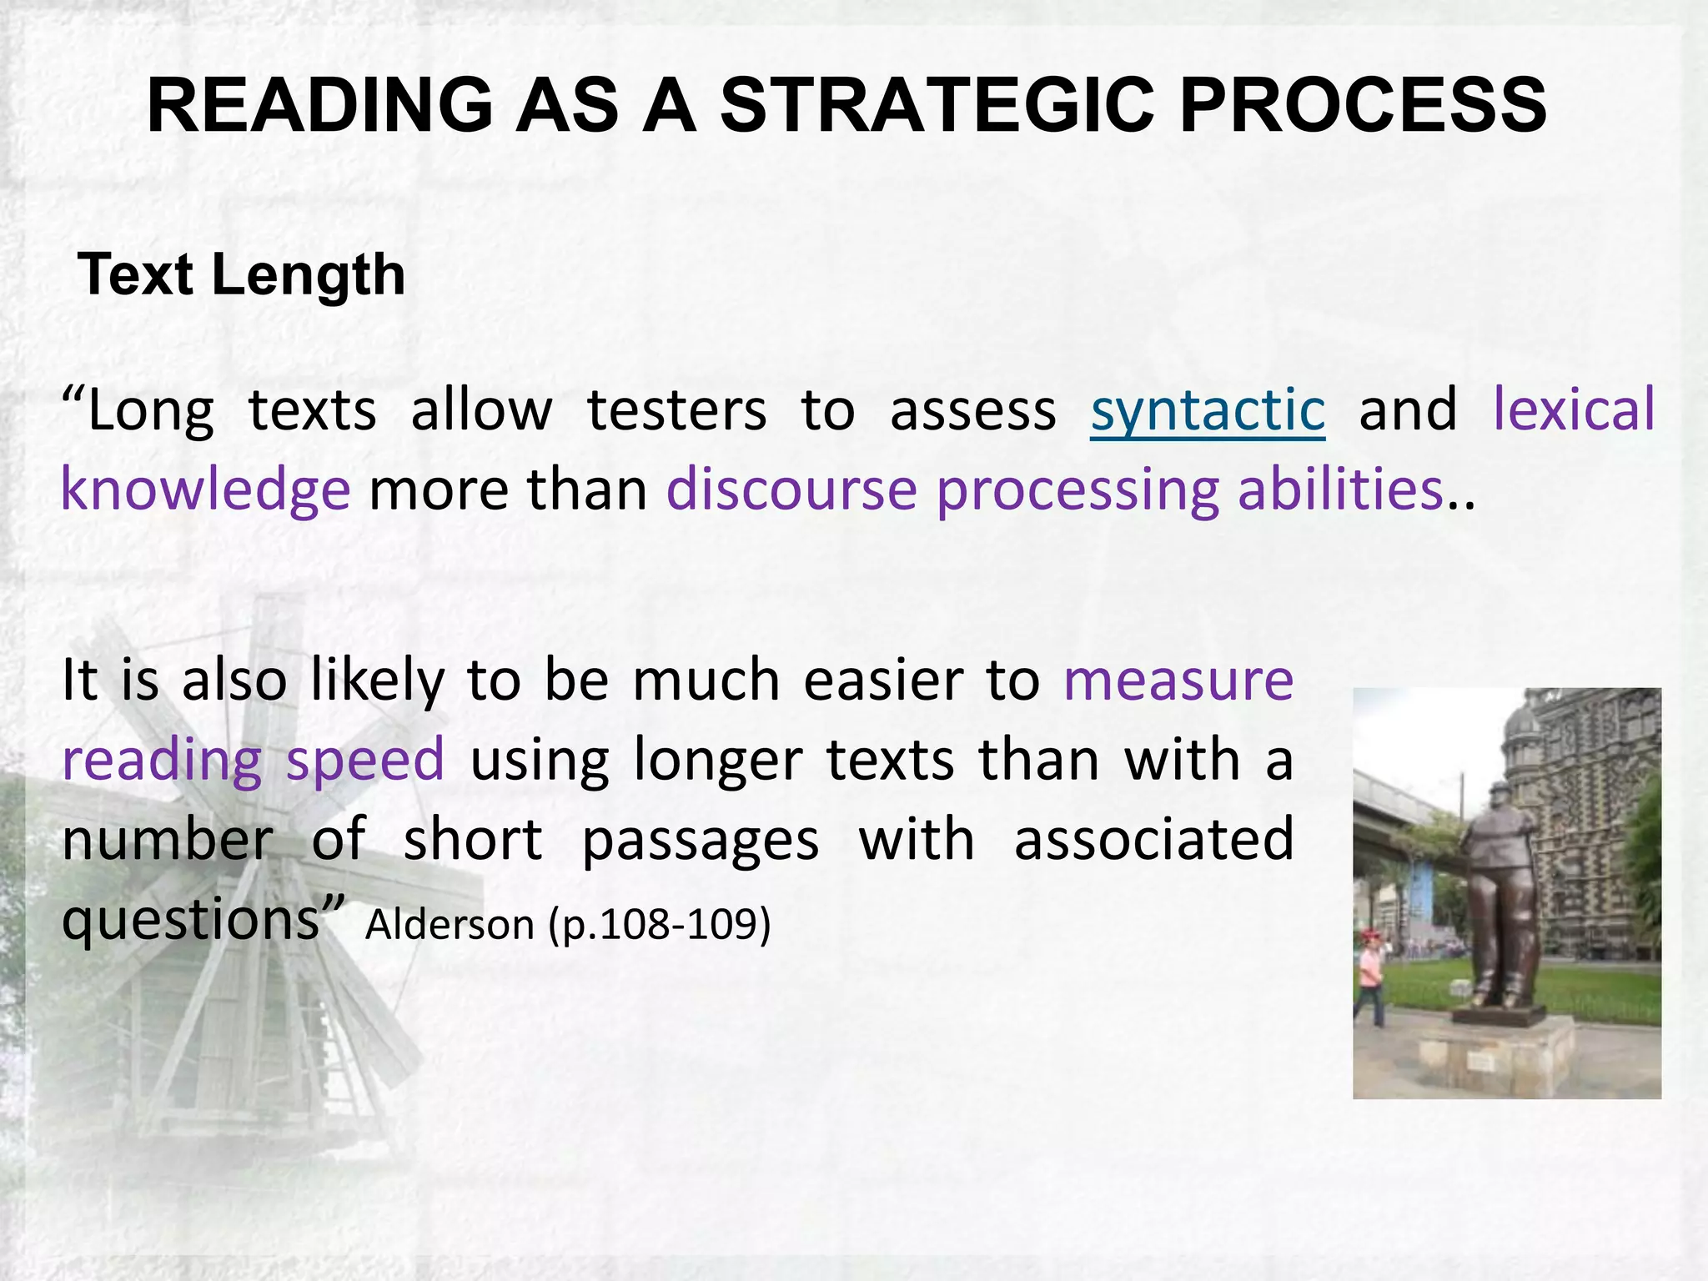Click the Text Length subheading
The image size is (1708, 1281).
pyautogui.click(x=241, y=274)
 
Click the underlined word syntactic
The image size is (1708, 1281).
pyautogui.click(x=1208, y=410)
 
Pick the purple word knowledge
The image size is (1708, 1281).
pyautogui.click(x=206, y=490)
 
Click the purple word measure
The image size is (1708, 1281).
pyautogui.click(x=1178, y=680)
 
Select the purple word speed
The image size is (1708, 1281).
pyautogui.click(x=365, y=760)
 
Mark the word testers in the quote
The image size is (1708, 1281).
pyautogui.click(x=676, y=410)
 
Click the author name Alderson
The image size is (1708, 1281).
pyautogui.click(x=450, y=925)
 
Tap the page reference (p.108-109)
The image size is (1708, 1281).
pyautogui.click(x=660, y=925)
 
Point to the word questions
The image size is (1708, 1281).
pyautogui.click(x=192, y=921)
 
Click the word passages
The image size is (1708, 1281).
pyautogui.click(x=701, y=840)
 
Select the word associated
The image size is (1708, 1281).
pyautogui.click(x=1153, y=840)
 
